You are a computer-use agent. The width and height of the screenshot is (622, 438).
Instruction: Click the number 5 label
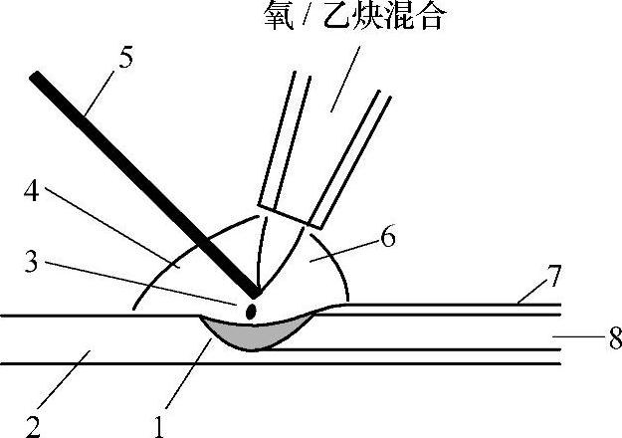(126, 57)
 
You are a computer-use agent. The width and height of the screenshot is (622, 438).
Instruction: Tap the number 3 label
(33, 263)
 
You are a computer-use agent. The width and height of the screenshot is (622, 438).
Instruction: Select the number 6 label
(388, 237)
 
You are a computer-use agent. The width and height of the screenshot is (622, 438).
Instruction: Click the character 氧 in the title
(283, 15)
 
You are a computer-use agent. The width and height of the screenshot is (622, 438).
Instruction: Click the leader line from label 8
(577, 338)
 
